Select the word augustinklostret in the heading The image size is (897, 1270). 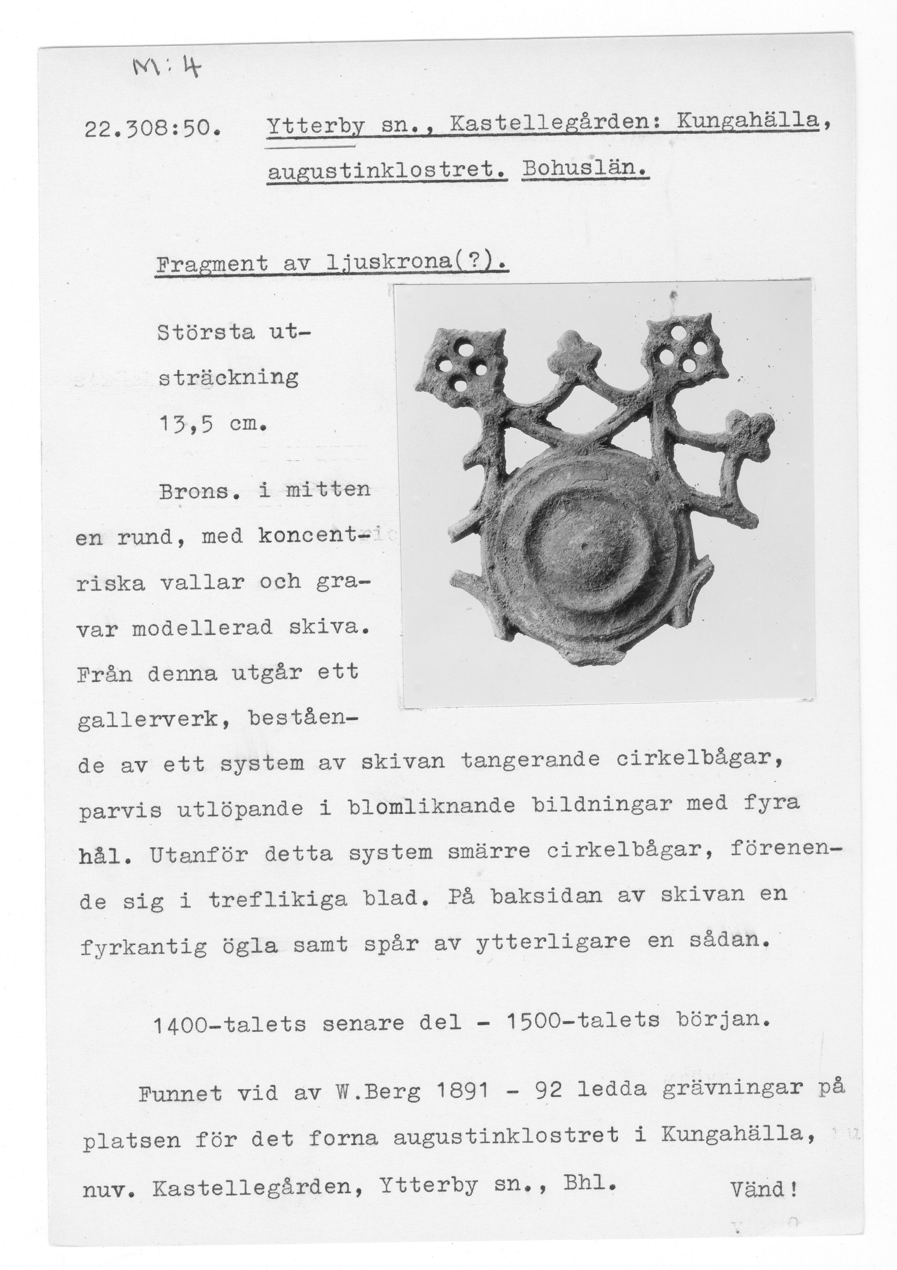[x=387, y=170]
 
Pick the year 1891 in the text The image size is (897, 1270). [x=464, y=1089]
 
